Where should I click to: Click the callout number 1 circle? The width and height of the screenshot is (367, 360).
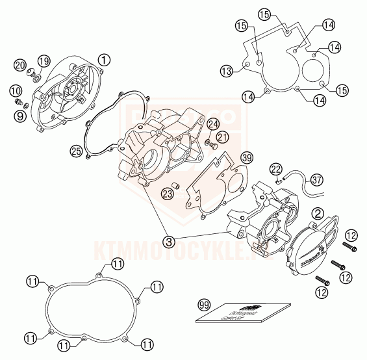tap(103, 59)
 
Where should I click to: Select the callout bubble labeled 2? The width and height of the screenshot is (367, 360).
tap(318, 212)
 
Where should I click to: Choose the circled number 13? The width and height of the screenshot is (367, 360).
tap(226, 70)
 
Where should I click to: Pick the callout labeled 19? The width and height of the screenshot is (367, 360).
tap(44, 61)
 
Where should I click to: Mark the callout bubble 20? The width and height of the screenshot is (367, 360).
tap(20, 66)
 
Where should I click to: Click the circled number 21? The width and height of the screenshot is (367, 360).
tap(223, 136)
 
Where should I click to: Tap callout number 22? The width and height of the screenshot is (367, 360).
tap(275, 169)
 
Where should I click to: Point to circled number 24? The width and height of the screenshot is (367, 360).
tap(214, 124)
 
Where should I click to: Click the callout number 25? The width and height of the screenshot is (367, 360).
tap(76, 150)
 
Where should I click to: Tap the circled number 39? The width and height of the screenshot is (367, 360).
tap(246, 158)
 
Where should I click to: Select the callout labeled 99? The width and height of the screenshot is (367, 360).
tap(205, 303)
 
